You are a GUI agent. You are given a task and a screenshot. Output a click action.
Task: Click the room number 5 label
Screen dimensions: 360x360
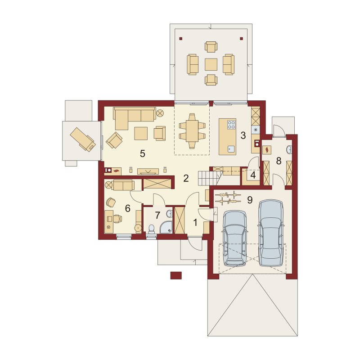point(142,153)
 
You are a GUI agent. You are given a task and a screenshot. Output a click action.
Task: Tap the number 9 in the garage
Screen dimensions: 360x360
point(250,200)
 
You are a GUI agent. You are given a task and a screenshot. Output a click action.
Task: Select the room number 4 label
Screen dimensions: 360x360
point(253,175)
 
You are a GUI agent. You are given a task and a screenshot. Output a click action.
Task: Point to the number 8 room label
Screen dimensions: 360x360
point(279,161)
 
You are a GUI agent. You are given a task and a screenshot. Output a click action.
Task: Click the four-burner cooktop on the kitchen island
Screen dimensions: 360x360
point(231,125)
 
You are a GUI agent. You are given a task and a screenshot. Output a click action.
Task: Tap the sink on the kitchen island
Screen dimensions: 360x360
point(231,149)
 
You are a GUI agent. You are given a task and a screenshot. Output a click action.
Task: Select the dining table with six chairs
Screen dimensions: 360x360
point(192,131)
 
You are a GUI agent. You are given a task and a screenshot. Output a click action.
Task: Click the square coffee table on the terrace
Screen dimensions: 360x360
point(211,64)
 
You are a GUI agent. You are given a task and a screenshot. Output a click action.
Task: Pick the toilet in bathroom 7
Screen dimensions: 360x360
point(152,229)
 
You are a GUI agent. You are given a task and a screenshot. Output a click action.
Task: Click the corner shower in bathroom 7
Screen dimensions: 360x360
point(166,227)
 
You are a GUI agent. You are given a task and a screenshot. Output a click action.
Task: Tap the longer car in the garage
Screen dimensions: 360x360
point(271,233)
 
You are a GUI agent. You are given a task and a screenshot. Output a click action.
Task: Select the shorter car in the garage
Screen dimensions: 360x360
point(235,238)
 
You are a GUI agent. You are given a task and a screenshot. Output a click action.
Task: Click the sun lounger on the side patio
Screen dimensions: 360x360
point(83,139)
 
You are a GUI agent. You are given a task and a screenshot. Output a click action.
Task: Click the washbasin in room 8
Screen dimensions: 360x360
point(289,150)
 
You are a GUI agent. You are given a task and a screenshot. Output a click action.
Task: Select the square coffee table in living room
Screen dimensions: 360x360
point(141,133)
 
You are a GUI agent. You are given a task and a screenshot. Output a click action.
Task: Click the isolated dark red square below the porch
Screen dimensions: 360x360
point(176,275)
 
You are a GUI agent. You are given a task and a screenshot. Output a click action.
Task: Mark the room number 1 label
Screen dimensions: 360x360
point(195,222)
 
